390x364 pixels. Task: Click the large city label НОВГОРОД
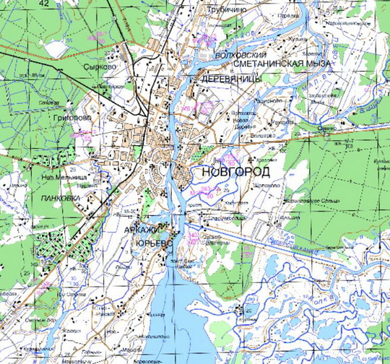click(x=236, y=173)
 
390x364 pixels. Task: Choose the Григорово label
click(x=71, y=116)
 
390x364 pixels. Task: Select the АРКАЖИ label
click(x=142, y=229)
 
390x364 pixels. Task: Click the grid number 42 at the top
click(x=45, y=4)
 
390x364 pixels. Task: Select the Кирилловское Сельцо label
click(x=309, y=199)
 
